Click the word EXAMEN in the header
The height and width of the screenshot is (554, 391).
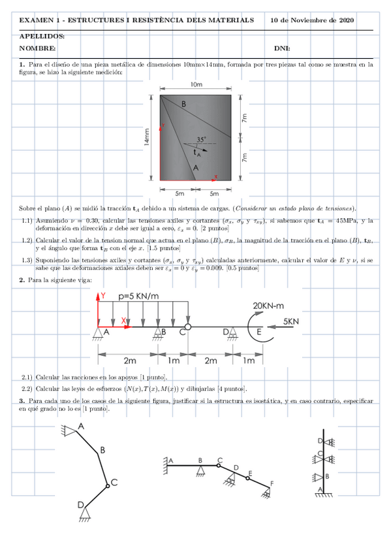coord(34,20)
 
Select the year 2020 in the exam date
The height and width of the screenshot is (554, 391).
coord(345,20)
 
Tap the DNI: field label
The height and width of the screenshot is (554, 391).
coord(282,48)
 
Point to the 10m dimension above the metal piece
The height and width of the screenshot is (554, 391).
coord(196,85)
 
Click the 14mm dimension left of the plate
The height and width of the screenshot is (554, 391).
coord(148,137)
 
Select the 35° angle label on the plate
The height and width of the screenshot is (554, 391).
coord(201,139)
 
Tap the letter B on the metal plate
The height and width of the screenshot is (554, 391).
coord(183,105)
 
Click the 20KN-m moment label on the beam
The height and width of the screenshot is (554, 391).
coord(270,306)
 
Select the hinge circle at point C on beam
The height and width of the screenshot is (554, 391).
coord(187,327)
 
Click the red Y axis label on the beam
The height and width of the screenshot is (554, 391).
coord(103,296)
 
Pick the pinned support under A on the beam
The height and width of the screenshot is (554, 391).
coord(97,334)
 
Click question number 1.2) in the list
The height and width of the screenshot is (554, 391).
coord(27,240)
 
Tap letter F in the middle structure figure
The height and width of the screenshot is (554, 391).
coord(273,483)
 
